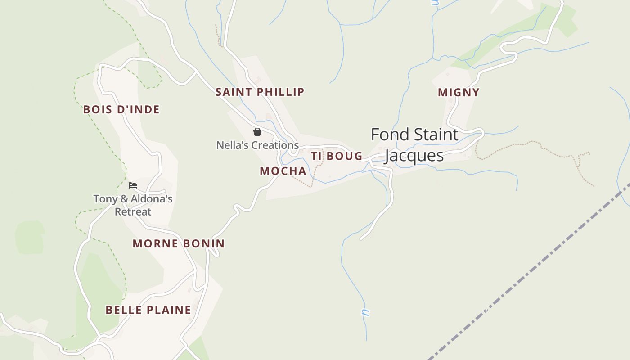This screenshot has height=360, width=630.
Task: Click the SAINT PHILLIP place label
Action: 260,92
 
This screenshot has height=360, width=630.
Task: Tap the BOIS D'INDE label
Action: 121,110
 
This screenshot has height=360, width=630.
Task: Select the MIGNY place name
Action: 459,93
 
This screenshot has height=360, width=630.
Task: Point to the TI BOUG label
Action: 337,156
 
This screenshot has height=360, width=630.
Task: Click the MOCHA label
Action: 283,171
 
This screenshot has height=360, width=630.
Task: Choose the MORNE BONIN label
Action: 179,244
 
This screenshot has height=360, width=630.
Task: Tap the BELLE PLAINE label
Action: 148,310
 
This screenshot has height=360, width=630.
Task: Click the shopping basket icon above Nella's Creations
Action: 257,132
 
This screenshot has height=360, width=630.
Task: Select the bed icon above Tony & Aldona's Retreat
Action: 133,185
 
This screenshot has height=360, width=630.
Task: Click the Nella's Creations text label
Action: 257,145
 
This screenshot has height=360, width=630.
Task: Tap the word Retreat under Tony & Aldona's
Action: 133,211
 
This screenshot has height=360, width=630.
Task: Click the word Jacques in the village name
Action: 414,156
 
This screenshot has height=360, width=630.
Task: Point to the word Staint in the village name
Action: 436,135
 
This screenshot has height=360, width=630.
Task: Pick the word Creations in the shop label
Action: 275,145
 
